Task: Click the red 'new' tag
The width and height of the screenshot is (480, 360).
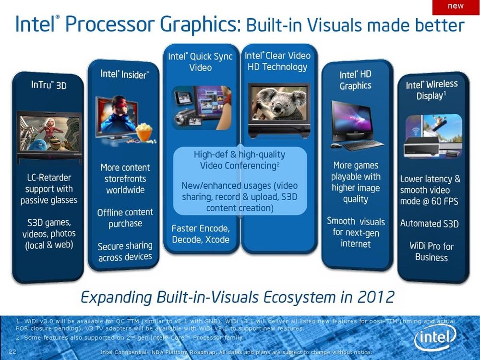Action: pyautogui.click(x=456, y=7)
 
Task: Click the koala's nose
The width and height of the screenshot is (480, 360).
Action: pyautogui.click(x=278, y=108)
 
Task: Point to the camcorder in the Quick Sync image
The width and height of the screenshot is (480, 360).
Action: pyautogui.click(x=185, y=118)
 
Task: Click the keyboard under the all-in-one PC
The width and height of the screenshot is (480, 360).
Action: pyautogui.click(x=363, y=145)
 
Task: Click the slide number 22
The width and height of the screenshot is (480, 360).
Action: pyautogui.click(x=12, y=351)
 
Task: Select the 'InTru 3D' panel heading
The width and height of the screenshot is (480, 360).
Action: pyautogui.click(x=48, y=85)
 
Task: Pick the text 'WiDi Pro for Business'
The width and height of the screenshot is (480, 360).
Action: pyautogui.click(x=432, y=252)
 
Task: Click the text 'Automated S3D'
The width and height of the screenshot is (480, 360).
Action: pyautogui.click(x=429, y=224)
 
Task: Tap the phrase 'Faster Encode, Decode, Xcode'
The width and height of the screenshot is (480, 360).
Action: pyautogui.click(x=201, y=234)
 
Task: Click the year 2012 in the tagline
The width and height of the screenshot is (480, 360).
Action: pyautogui.click(x=376, y=297)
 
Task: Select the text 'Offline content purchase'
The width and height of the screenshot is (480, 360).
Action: pyautogui.click(x=125, y=218)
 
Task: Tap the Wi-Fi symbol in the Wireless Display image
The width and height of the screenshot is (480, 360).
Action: pyautogui.click(x=415, y=131)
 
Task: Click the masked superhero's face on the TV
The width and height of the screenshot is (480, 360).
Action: pyautogui.click(x=120, y=106)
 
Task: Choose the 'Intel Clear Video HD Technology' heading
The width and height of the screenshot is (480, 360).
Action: pyautogui.click(x=277, y=61)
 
